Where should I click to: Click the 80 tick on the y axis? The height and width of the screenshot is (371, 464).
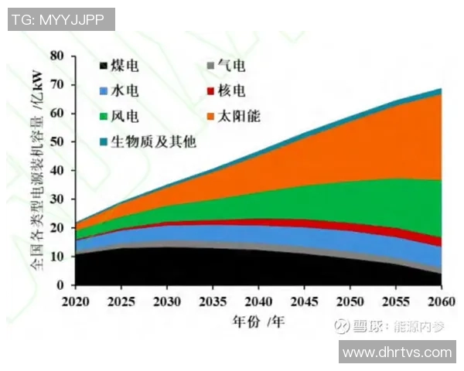click(56, 56)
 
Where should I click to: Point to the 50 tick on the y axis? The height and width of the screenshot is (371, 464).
click(56, 141)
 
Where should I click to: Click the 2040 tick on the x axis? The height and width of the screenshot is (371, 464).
click(256, 298)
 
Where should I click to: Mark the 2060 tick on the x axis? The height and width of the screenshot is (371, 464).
click(439, 298)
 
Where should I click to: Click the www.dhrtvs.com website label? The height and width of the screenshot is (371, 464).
click(397, 352)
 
